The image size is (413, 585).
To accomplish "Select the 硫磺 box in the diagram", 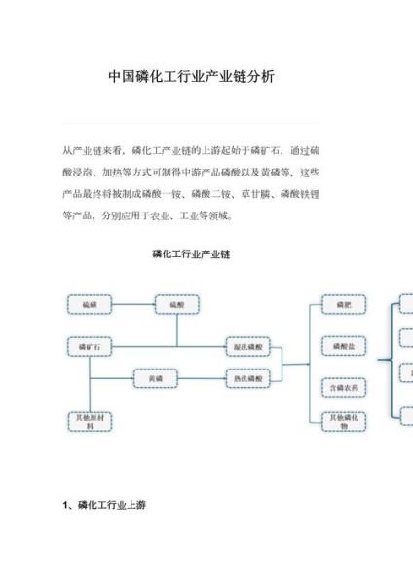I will [90, 305].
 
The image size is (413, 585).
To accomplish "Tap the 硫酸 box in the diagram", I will [176, 305].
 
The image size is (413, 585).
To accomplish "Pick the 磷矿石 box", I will [90, 345].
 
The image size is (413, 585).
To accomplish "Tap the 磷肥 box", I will [343, 305].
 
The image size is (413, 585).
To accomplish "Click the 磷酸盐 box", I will [343, 345].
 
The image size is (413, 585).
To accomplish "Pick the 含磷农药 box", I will [343, 387].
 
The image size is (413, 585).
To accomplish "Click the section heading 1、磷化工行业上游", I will [104, 506].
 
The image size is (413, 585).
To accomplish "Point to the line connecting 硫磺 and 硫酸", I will [132, 305].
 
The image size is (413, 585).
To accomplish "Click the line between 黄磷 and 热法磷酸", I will [201, 377].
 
